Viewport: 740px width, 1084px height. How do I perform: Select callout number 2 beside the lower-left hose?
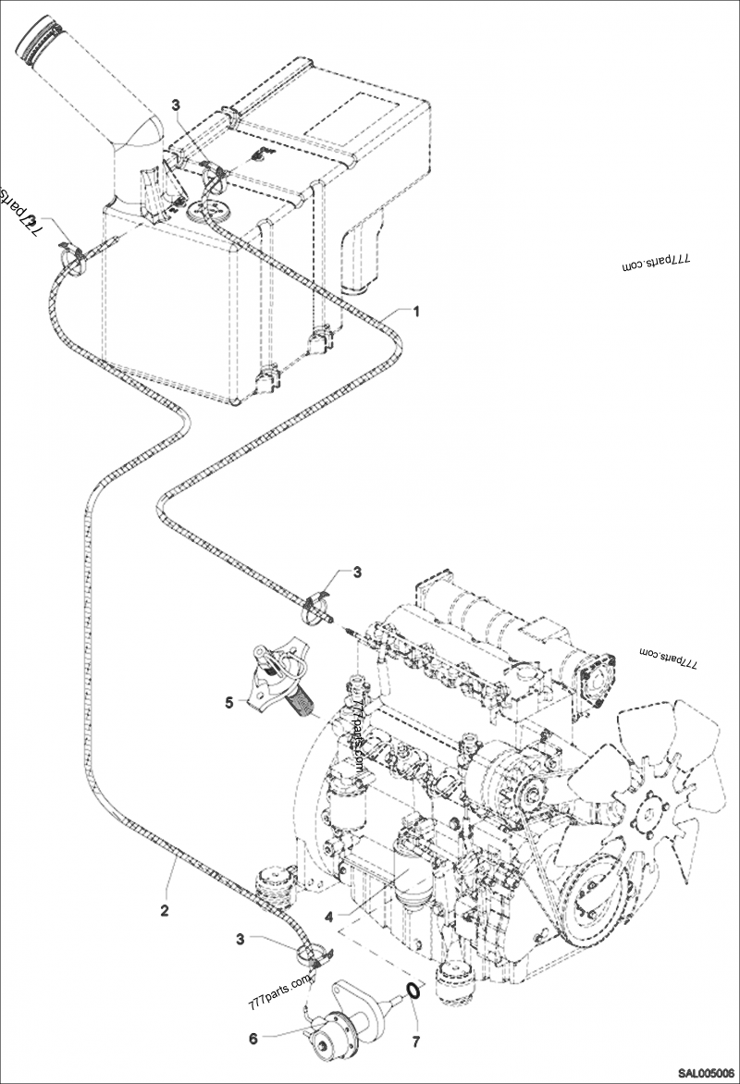165,910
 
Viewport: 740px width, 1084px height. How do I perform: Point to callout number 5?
228,703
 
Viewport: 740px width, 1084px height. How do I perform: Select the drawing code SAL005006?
706,1073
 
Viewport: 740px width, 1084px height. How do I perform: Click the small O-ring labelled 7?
414,990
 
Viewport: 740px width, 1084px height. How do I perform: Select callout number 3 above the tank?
176,104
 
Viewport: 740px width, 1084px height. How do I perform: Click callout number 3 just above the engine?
357,573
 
